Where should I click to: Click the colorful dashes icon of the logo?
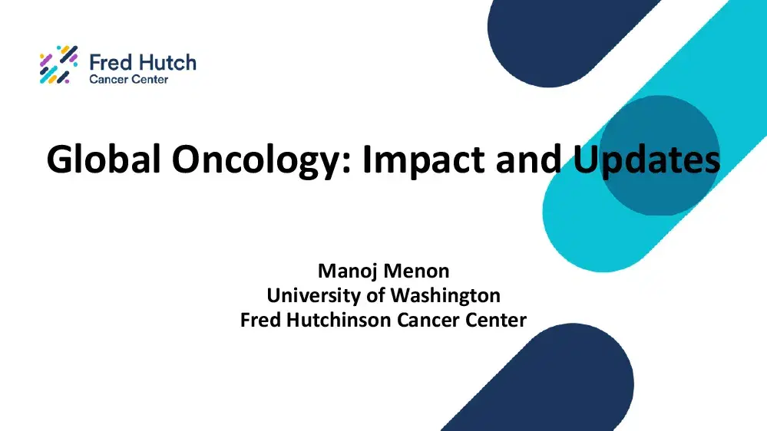[58, 64]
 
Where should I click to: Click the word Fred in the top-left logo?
[107, 63]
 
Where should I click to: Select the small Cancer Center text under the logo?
[128, 79]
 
